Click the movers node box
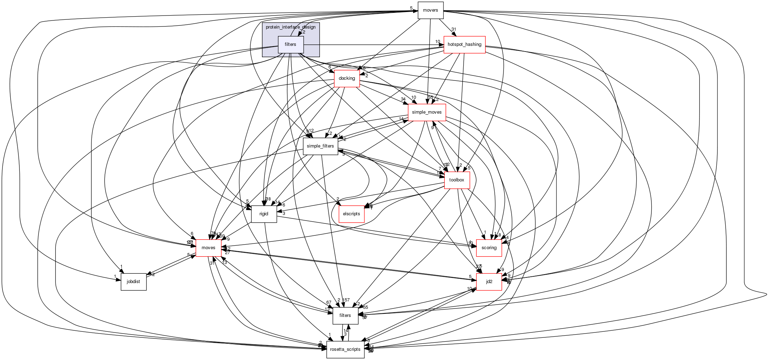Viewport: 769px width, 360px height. (x=430, y=10)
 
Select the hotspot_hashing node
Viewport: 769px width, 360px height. (x=464, y=44)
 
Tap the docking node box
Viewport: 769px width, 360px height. (x=347, y=78)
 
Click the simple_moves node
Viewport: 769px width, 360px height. (x=427, y=112)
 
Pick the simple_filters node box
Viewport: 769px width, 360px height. (x=320, y=146)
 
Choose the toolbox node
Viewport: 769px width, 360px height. (x=457, y=180)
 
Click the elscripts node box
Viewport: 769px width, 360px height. (x=351, y=214)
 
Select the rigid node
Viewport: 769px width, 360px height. (x=264, y=214)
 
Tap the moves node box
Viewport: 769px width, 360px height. (x=208, y=248)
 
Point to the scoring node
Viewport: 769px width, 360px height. (x=489, y=248)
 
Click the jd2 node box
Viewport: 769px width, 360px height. (x=489, y=282)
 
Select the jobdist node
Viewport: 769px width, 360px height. (x=133, y=282)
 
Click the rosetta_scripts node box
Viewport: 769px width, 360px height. (x=345, y=349)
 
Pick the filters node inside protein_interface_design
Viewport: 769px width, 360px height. (x=291, y=44)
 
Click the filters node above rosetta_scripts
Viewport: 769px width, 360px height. (x=345, y=316)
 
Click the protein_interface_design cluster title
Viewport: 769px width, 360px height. (x=291, y=27)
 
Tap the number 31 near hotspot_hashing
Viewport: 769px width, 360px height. (x=454, y=30)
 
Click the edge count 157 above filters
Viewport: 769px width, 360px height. (x=346, y=300)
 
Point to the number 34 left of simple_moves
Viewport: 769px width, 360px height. (x=403, y=99)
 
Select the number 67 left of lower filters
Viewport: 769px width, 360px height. (x=329, y=302)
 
